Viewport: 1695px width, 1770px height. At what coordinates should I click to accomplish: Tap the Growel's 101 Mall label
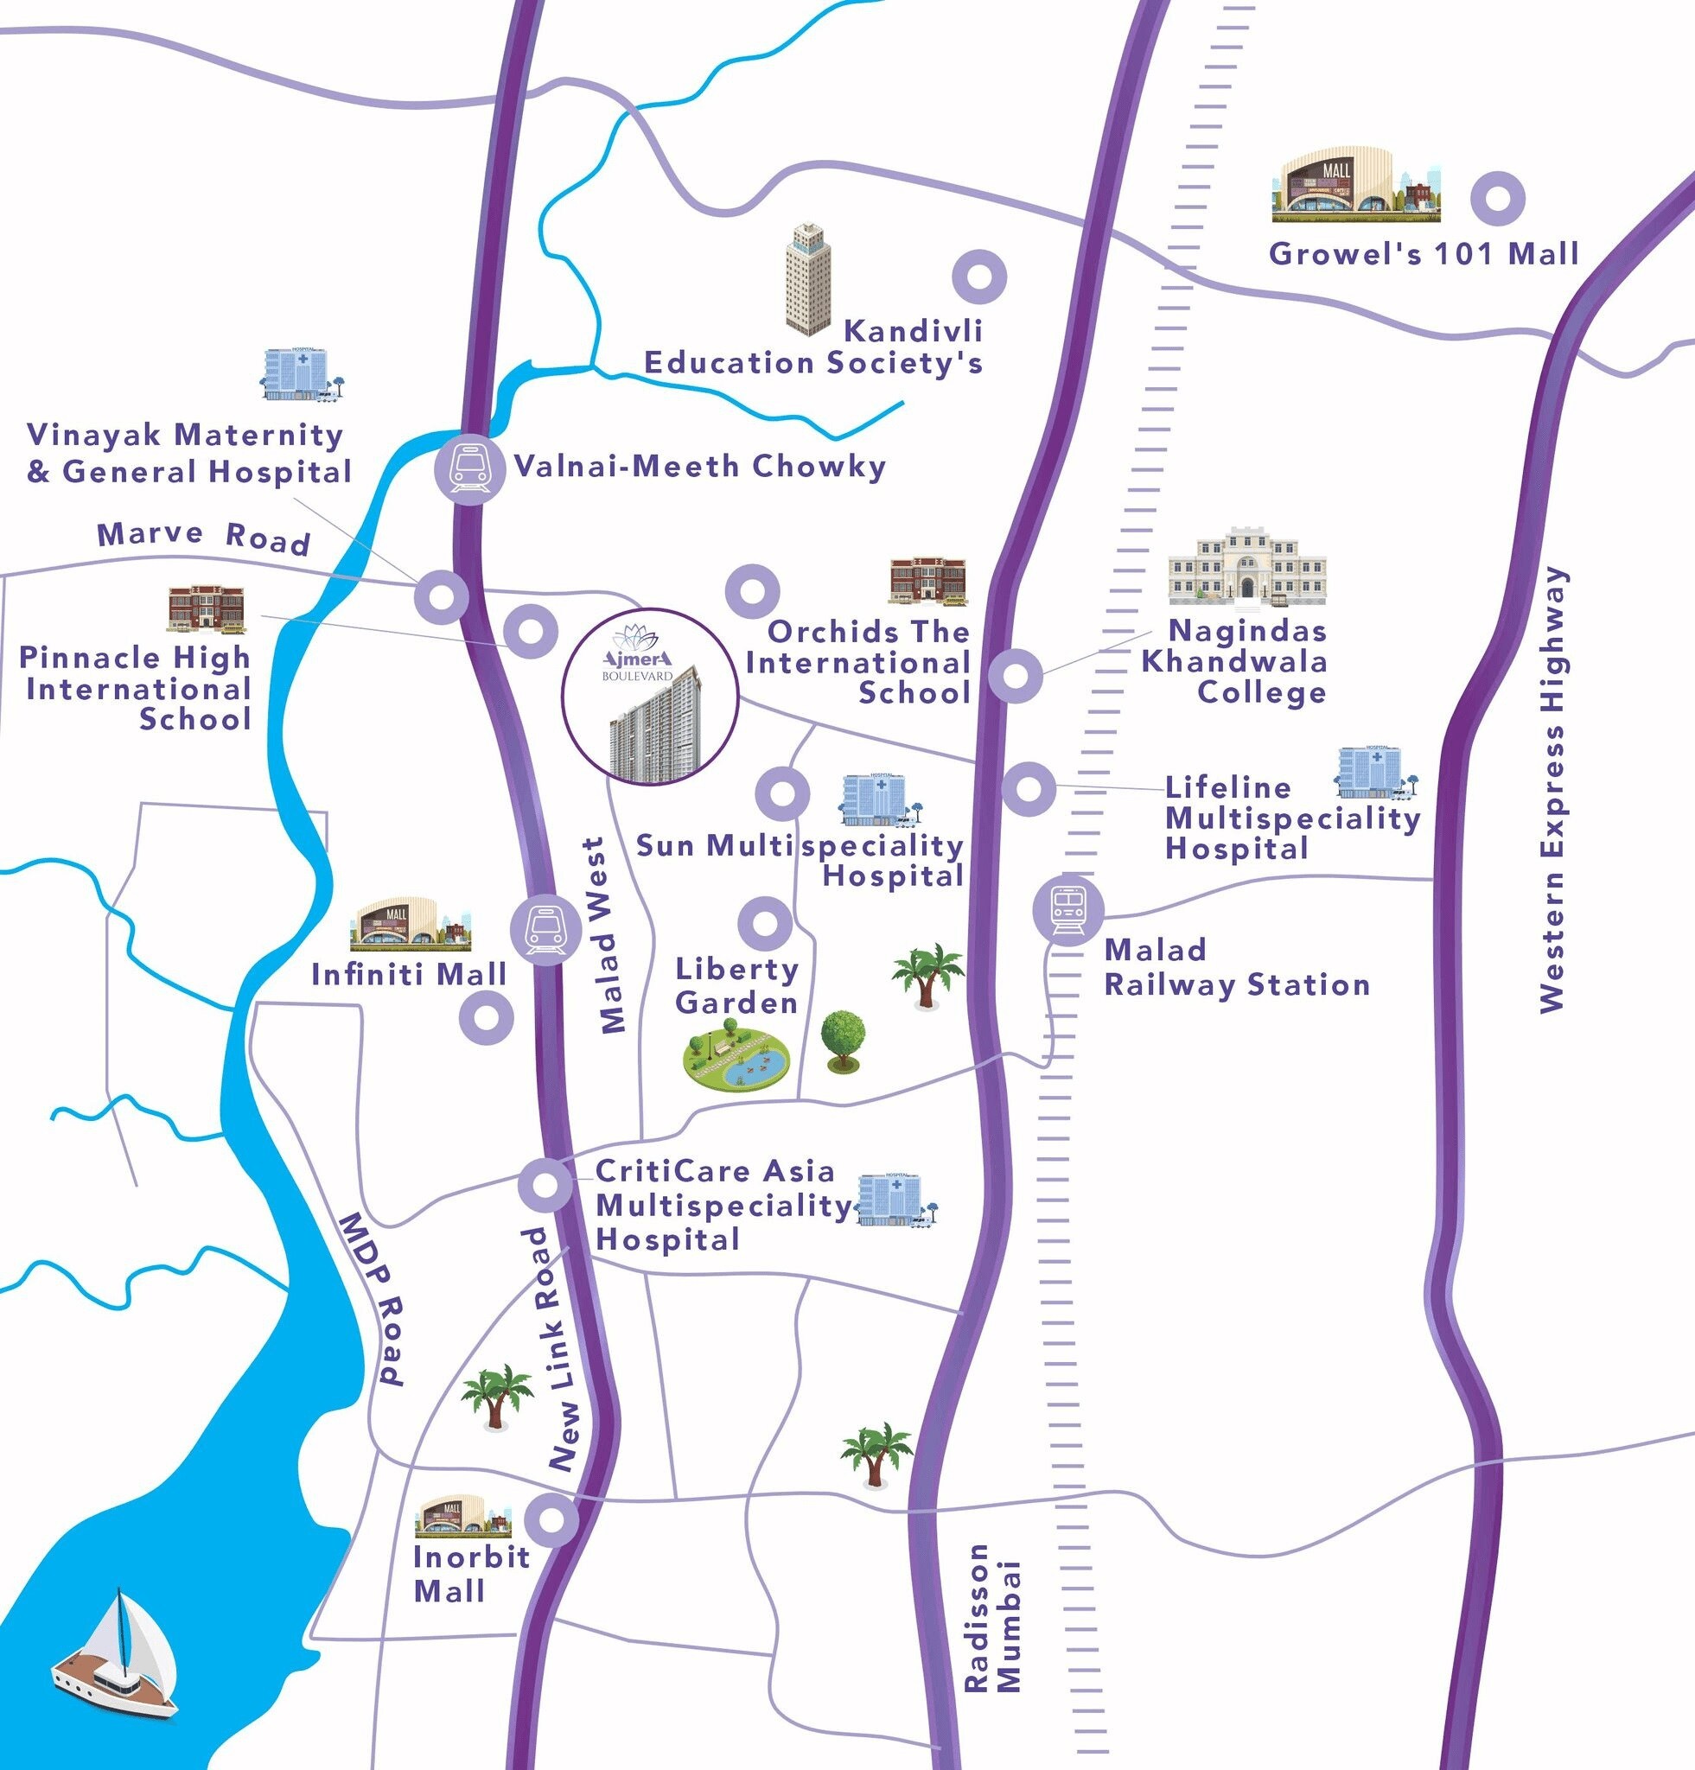[1424, 254]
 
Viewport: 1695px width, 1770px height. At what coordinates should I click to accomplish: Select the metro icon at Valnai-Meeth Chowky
[469, 468]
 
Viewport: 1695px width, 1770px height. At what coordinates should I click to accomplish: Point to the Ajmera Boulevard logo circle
[649, 697]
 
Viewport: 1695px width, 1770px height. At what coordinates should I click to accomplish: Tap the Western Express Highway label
[1552, 789]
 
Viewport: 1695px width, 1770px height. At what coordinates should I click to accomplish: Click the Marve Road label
[203, 537]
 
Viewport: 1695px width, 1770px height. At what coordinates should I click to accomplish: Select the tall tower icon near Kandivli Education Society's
[808, 279]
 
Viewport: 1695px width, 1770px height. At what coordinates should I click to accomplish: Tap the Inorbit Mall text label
[469, 1572]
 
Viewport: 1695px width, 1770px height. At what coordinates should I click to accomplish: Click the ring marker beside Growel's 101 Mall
[1497, 200]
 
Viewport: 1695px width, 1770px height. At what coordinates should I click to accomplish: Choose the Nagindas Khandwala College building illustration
[1246, 567]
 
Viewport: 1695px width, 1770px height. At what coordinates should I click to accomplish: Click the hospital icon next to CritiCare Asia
[895, 1201]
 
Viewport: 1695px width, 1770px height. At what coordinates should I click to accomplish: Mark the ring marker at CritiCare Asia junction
[545, 1184]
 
